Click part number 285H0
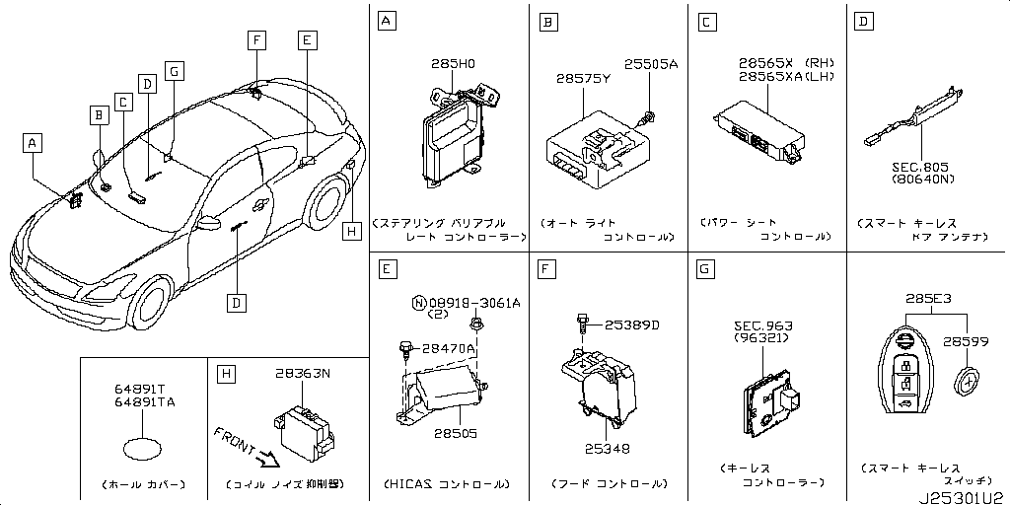453,63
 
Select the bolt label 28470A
449,348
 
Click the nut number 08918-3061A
472,301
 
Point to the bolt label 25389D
632,325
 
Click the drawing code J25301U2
963,496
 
